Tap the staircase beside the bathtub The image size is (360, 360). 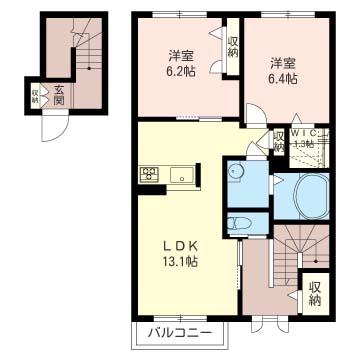[296, 249]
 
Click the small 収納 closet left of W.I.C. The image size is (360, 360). [279, 142]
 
